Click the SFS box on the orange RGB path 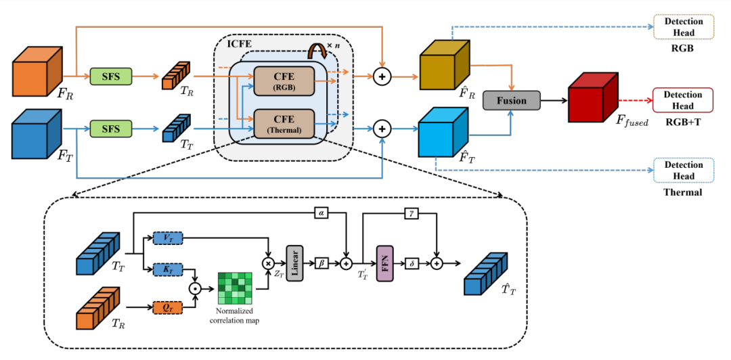111,76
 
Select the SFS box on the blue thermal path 111,129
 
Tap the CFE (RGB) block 284,81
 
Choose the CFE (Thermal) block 284,124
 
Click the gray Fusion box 512,101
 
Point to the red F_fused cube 593,97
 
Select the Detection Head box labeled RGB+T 683,100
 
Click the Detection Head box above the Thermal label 684,171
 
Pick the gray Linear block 294,263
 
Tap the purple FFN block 384,263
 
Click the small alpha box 322,213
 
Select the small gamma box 412,213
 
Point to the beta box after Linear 322,263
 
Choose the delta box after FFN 412,263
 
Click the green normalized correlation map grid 235,289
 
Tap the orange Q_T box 168,308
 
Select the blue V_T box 168,238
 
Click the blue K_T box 168,269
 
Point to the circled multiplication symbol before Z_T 269,263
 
